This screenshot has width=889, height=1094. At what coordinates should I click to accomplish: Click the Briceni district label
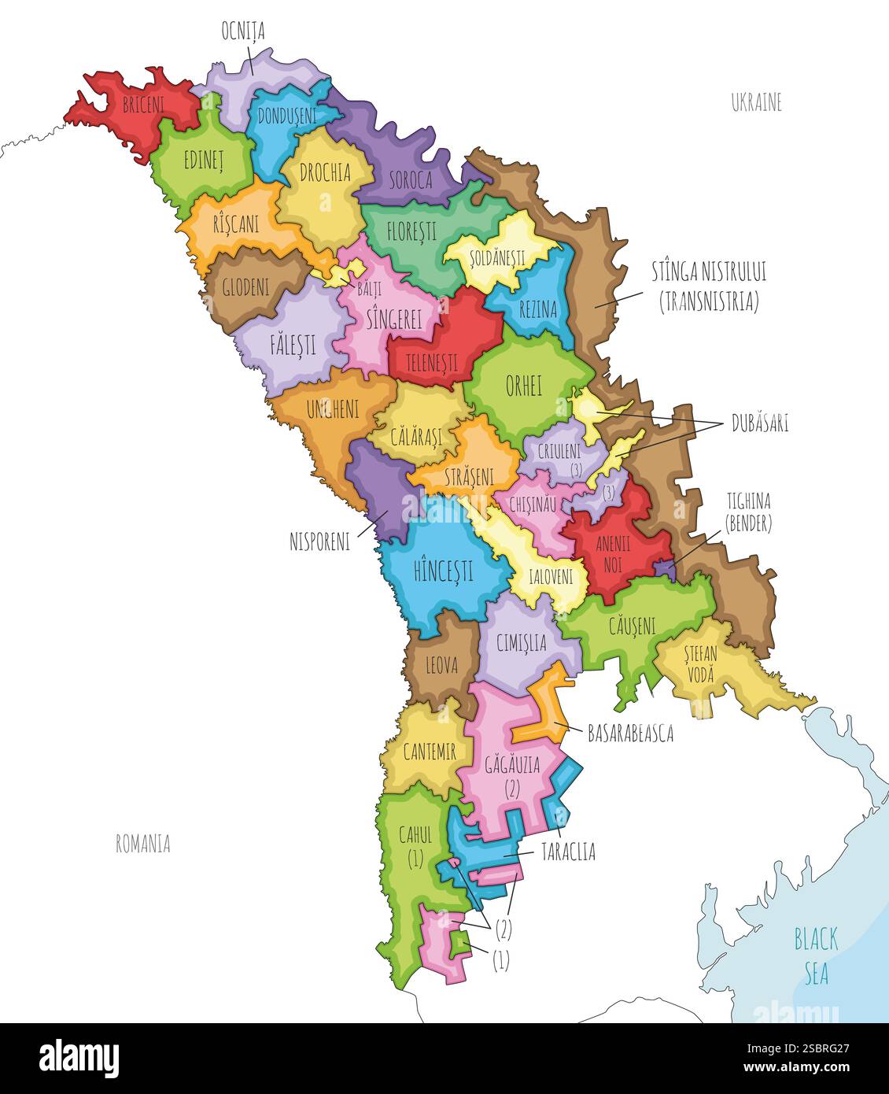tap(143, 105)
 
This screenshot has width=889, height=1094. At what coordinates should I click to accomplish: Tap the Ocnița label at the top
tap(243, 31)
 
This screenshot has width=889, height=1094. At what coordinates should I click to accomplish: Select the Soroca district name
tap(409, 180)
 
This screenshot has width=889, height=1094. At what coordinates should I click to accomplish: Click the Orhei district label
tap(523, 386)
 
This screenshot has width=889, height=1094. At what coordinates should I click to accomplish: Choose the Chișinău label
tap(533, 504)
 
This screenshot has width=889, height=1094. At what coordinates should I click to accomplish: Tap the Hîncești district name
tap(443, 570)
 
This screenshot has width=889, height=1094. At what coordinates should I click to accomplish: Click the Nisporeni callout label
tap(320, 542)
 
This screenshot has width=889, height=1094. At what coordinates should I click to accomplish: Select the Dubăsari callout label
tap(759, 423)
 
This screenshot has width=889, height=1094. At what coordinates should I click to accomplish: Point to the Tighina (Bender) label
tap(748, 512)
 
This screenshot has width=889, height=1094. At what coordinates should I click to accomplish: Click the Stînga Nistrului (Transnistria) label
tap(708, 286)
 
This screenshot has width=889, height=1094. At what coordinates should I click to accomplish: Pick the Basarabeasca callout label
tap(630, 734)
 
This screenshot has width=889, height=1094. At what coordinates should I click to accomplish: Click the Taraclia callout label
tap(567, 852)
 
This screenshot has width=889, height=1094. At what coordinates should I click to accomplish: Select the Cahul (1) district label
tap(415, 846)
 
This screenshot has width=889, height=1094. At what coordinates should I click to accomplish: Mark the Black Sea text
tap(816, 956)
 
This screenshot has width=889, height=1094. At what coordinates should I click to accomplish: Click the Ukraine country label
tap(756, 103)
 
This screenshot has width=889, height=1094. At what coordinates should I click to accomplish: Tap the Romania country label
tap(143, 844)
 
